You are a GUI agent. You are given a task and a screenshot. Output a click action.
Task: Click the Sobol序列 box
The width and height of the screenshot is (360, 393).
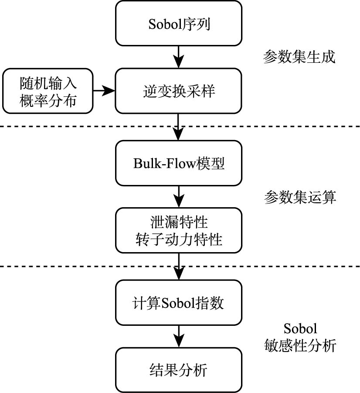coord(179,23)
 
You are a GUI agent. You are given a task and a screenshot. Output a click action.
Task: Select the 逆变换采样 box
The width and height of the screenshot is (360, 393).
coord(179,91)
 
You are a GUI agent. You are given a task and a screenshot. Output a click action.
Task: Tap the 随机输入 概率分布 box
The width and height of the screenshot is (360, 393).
coord(48,91)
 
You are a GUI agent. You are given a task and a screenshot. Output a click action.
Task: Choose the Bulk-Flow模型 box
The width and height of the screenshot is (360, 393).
coord(179,163)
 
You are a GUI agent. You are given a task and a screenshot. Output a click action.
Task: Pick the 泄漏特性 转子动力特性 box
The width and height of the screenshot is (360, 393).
coord(179,231)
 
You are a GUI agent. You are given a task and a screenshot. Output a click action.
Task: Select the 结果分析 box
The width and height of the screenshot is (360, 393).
coord(179,370)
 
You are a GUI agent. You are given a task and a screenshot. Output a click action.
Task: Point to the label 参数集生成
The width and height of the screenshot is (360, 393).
coord(299,57)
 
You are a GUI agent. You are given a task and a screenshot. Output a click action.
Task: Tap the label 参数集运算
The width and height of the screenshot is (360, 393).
coord(300,197)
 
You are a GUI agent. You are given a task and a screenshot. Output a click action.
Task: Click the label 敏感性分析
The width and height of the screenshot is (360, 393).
coord(300,346)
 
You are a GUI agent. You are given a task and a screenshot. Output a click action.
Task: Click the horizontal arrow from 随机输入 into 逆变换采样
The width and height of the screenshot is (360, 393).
coord(105,91)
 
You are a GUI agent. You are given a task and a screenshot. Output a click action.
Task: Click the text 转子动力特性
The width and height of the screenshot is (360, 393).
coord(179,239)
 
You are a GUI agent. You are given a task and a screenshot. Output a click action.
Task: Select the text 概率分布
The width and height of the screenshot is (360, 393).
coord(48,100)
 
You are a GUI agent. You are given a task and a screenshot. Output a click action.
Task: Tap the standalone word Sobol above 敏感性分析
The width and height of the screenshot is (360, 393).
coord(300,328)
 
